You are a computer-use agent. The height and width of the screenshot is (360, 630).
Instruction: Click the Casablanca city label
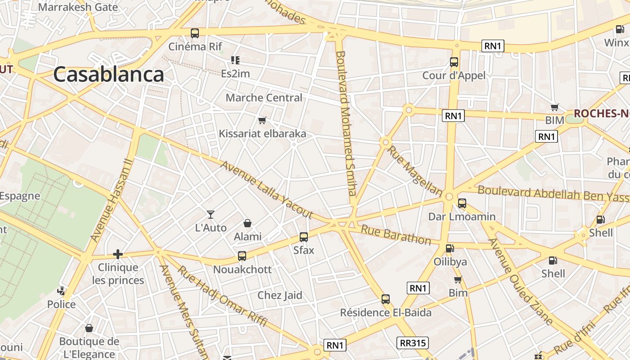pyautogui.click(x=108, y=75)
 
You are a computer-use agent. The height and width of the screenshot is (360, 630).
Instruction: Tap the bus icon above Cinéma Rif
pyautogui.click(x=195, y=33)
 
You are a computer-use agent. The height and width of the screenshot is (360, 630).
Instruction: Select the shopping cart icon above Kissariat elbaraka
pyautogui.click(x=262, y=120)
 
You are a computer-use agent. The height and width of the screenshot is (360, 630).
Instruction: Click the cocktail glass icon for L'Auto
pyautogui.click(x=210, y=215)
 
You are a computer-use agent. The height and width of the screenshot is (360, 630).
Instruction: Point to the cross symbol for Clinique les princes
pyautogui.click(x=118, y=254)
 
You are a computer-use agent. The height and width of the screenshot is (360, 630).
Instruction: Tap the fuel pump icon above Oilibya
pyautogui.click(x=450, y=248)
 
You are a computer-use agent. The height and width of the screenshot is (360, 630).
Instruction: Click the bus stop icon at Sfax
pyautogui.click(x=304, y=237)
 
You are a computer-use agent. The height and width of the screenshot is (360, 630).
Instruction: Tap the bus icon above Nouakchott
pyautogui.click(x=242, y=256)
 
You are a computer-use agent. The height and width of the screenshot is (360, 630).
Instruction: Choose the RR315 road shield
pyautogui.click(x=413, y=343)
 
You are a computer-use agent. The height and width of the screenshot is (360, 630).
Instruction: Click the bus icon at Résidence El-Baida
pyautogui.click(x=386, y=299)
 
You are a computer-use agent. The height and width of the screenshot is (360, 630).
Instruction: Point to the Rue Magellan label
pyautogui.click(x=415, y=170)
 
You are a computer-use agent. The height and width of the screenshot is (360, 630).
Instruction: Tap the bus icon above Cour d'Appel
pyautogui.click(x=454, y=62)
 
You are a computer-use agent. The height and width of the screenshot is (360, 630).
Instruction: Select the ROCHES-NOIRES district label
pyautogui.click(x=601, y=113)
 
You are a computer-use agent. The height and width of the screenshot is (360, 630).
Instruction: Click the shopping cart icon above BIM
pyautogui.click(x=555, y=107)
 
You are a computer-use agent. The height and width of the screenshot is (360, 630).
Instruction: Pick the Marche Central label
pyautogui.click(x=264, y=98)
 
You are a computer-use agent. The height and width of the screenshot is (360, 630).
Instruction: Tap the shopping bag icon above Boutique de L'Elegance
pyautogui.click(x=89, y=328)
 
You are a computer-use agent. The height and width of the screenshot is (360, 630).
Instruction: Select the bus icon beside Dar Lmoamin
pyautogui.click(x=462, y=203)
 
